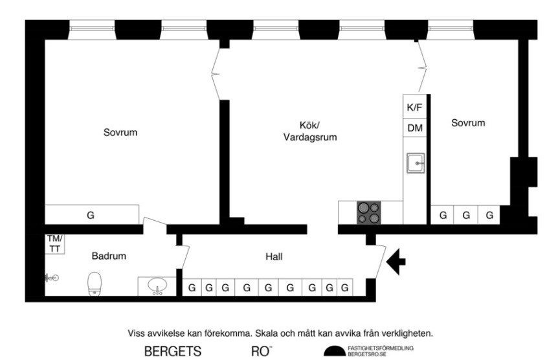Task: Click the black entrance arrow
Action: pyautogui.click(x=396, y=262)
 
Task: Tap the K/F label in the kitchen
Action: pyautogui.click(x=414, y=107)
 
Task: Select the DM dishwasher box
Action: pyautogui.click(x=414, y=128)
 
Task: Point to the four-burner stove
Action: pyautogui.click(x=369, y=212)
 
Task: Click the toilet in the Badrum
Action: pyautogui.click(x=95, y=283)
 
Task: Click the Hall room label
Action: pyautogui.click(x=274, y=257)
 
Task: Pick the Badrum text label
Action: pyautogui.click(x=109, y=256)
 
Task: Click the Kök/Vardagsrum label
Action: pyautogui.click(x=309, y=131)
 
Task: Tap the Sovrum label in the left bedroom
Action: pyautogui.click(x=120, y=133)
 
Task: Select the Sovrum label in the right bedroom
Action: pyautogui.click(x=468, y=122)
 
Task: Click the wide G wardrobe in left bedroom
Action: pyautogui.click(x=91, y=215)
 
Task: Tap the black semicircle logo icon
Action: pyautogui.click(x=334, y=352)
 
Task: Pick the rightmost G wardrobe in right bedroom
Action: pyautogui.click(x=489, y=215)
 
